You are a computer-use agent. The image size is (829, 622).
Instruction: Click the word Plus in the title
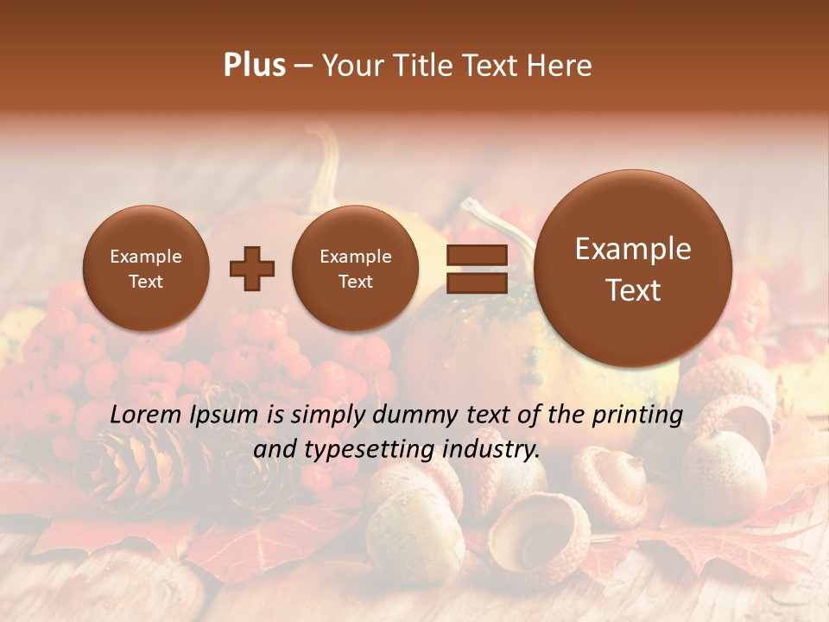click(x=254, y=66)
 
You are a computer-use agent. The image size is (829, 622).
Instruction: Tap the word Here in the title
click(x=560, y=66)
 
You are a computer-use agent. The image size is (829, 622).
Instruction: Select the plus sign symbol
click(x=251, y=269)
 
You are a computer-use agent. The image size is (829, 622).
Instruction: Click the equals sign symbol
click(x=476, y=269)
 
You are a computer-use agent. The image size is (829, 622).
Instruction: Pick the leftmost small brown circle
click(x=145, y=269)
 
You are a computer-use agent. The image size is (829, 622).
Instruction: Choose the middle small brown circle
click(x=355, y=269)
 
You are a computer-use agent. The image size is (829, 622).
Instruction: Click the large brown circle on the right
click(x=633, y=269)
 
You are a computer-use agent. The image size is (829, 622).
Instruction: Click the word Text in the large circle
click(x=633, y=290)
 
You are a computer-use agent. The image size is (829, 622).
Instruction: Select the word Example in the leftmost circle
click(x=145, y=257)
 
